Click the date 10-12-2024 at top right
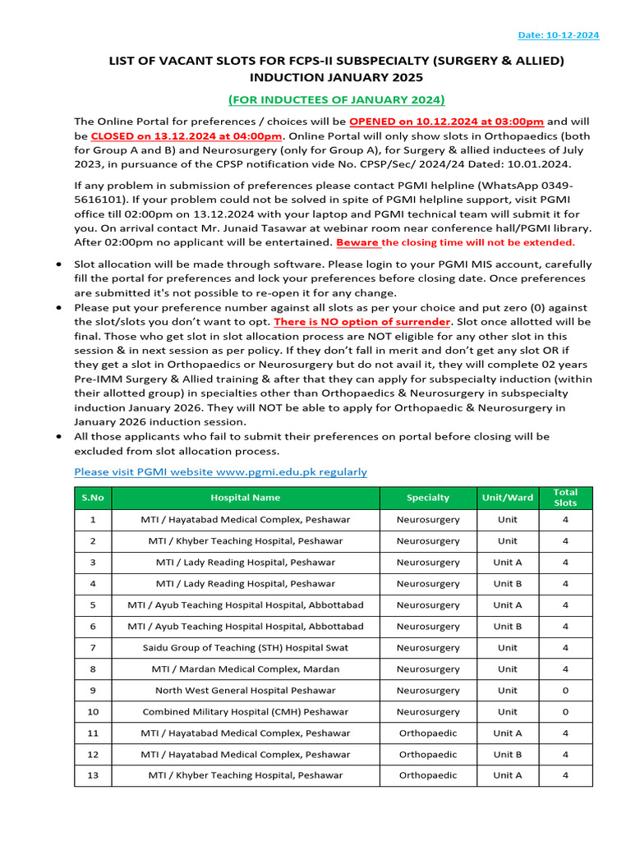coord(559,35)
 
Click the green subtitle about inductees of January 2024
coord(337,99)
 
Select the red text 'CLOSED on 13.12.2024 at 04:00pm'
coord(187,136)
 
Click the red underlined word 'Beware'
coord(358,242)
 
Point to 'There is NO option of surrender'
coord(362,321)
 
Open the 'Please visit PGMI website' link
coord(220,471)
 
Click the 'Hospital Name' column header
coord(246,498)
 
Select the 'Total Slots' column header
coord(565,498)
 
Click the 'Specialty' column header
coord(428,498)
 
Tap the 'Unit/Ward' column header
coord(508,498)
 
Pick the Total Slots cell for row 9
coord(565,691)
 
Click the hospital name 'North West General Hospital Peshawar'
coord(246,691)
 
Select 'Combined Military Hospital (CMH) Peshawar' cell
coord(246,712)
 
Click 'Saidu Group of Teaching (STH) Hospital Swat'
coord(246,648)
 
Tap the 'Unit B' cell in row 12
coord(508,755)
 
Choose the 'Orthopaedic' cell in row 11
coord(428,733)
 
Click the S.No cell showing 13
coord(93,775)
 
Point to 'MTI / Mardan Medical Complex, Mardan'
coord(246,669)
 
